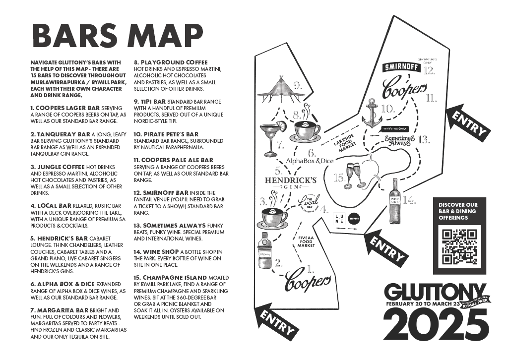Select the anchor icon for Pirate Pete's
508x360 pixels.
(372, 114)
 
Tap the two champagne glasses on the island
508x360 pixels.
(355, 176)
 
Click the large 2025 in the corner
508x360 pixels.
(435, 325)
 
